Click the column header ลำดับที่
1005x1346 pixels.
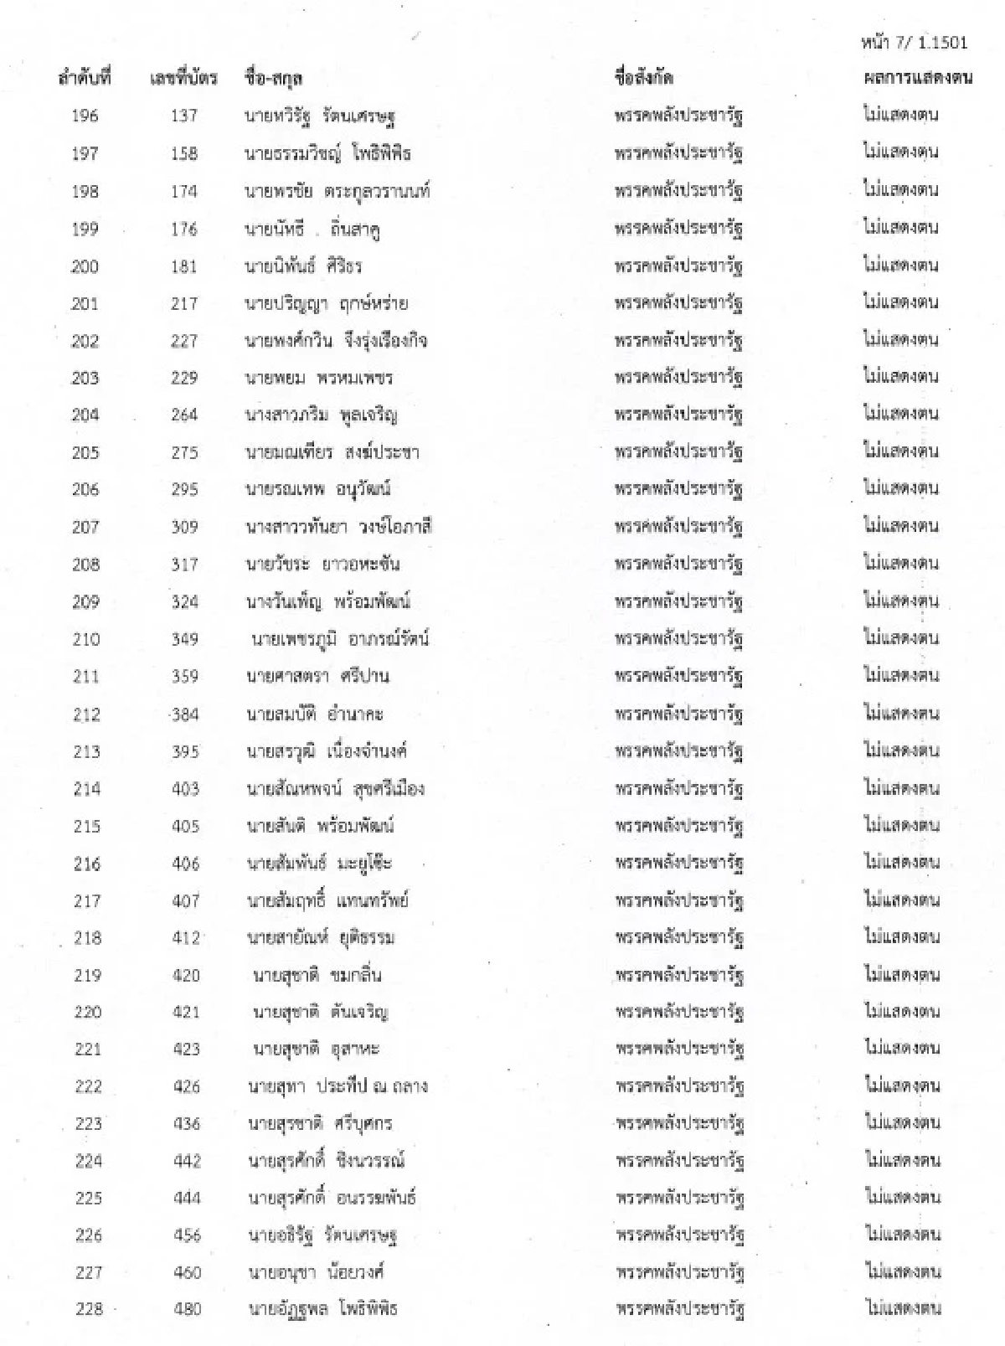point(85,78)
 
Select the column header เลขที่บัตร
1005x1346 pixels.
point(183,78)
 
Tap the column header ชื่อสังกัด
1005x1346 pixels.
point(643,78)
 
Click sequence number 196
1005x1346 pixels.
point(85,116)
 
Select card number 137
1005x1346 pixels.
point(183,116)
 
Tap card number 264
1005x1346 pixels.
point(184,415)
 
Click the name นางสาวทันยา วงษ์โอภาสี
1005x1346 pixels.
point(338,527)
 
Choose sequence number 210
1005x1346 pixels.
point(86,639)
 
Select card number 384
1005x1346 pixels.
point(184,714)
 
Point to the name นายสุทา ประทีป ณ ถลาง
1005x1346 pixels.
point(338,1086)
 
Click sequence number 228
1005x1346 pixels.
point(89,1308)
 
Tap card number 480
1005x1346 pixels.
point(187,1308)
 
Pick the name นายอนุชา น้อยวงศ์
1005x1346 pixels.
point(316,1271)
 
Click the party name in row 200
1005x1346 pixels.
point(678,266)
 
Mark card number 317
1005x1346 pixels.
point(184,565)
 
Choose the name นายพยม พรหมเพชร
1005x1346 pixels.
point(318,378)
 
